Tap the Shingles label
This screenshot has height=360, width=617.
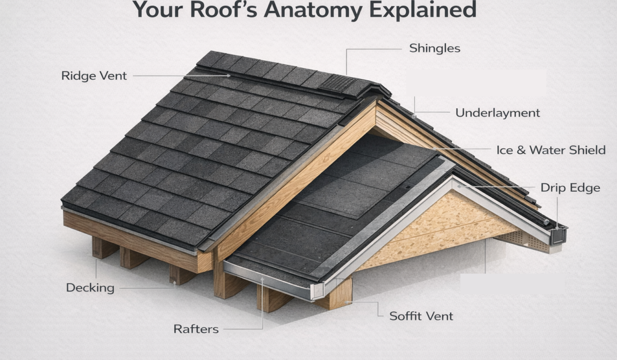[x=434, y=49]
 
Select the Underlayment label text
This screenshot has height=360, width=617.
[x=498, y=113]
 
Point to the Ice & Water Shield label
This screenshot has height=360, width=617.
[x=551, y=151]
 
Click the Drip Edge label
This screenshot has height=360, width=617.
[x=570, y=188]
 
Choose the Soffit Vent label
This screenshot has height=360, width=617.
[x=421, y=316]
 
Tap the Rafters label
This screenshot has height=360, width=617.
[x=196, y=329]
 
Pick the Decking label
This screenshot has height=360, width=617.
[x=90, y=288]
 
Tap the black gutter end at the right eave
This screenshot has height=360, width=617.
[x=557, y=236]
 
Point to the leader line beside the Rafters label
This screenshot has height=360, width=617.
[x=242, y=329]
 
